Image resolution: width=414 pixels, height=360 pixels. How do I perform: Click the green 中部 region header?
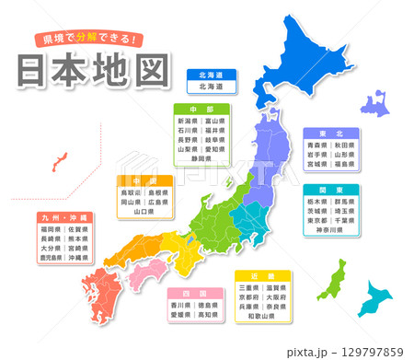201,109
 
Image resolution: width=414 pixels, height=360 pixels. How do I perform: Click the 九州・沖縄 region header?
63,217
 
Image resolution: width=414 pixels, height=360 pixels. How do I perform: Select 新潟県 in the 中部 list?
188,122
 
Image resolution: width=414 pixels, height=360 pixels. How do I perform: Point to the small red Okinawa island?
58,162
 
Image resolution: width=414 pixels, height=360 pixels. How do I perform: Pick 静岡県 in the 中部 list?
201,157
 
